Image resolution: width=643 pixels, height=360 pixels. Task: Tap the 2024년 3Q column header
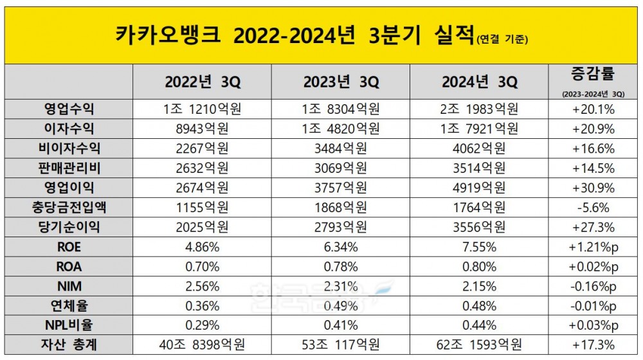click(x=480, y=83)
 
